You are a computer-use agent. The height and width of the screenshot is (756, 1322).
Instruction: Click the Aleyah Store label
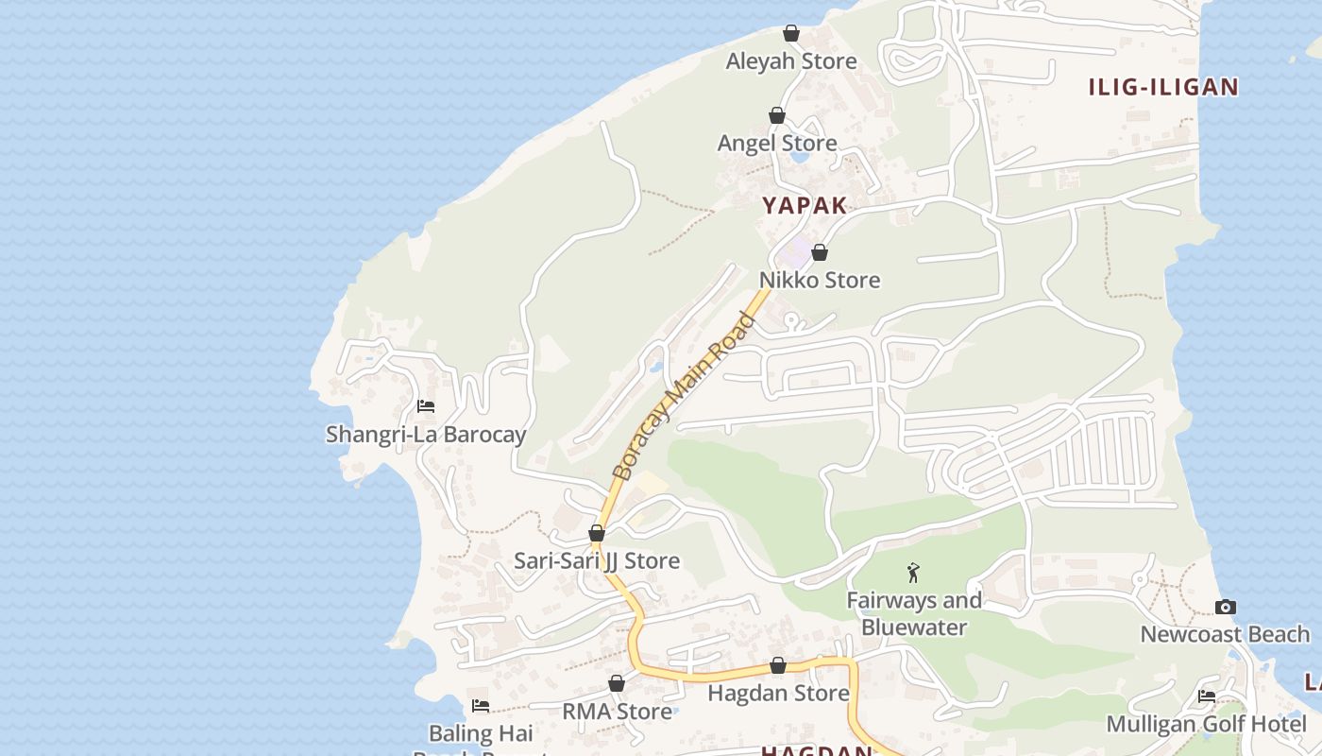click(x=791, y=61)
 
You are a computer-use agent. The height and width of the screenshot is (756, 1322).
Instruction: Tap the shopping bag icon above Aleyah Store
click(x=791, y=33)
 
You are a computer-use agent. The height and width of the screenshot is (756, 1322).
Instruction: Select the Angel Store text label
click(x=777, y=144)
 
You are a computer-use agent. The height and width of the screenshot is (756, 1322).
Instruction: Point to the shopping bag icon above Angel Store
click(x=777, y=115)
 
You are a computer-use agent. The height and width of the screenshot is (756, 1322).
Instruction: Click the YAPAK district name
click(x=805, y=205)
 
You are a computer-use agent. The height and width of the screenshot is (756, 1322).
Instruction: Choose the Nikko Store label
click(x=820, y=281)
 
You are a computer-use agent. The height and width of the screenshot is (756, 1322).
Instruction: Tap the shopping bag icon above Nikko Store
click(x=820, y=252)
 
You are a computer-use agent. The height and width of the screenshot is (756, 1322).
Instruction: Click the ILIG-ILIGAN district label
click(x=1163, y=88)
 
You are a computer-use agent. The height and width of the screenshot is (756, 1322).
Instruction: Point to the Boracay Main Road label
click(x=684, y=396)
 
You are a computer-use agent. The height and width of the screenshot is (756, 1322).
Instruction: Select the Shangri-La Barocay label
click(x=426, y=435)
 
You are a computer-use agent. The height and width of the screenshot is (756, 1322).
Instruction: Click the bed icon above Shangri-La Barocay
click(x=426, y=406)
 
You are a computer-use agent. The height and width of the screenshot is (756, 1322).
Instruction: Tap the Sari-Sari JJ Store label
click(x=597, y=561)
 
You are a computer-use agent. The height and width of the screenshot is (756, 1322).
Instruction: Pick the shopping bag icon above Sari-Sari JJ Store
click(x=597, y=533)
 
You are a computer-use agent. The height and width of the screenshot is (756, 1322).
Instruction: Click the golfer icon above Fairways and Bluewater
click(x=913, y=573)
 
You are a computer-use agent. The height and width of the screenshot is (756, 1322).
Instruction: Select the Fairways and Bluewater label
click(x=914, y=613)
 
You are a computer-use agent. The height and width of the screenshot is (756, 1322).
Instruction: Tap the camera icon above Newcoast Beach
click(x=1226, y=607)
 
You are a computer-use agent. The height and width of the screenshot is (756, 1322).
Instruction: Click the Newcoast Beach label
click(x=1226, y=634)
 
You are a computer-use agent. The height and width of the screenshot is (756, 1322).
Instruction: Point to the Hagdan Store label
click(x=779, y=694)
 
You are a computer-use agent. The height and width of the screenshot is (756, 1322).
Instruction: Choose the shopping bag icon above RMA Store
click(x=617, y=683)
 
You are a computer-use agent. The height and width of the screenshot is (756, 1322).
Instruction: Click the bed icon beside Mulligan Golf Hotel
click(x=1207, y=696)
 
